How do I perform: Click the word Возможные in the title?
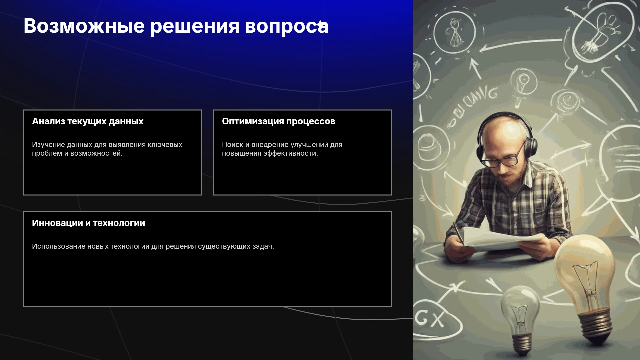(84, 26)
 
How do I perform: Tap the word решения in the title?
(195, 27)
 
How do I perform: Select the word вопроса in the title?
(287, 27)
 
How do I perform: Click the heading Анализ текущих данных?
(88, 121)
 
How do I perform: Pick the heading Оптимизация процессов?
(279, 121)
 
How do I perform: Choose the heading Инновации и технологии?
(89, 223)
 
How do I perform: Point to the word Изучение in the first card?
(48, 145)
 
